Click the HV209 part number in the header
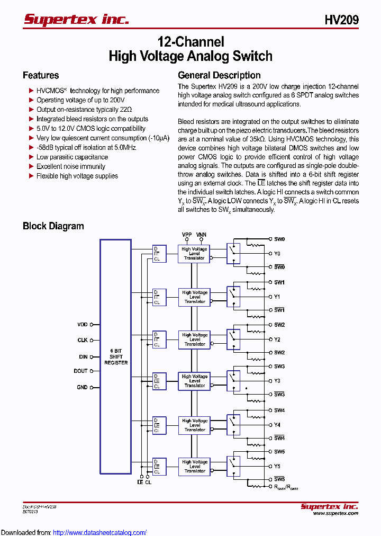[x=341, y=20]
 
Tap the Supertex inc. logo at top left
[x=76, y=20]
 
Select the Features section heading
[x=41, y=75]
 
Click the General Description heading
[x=219, y=75]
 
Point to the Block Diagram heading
[x=53, y=226]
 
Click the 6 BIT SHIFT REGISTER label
[x=115, y=356]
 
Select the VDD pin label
[x=82, y=324]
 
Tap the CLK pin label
[x=83, y=340]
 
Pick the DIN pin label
[x=83, y=356]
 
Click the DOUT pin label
[x=81, y=371]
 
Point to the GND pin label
[x=82, y=387]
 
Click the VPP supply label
[x=187, y=234]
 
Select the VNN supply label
[x=201, y=234]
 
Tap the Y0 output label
[x=277, y=254]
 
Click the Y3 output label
[x=277, y=381]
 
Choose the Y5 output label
[x=277, y=466]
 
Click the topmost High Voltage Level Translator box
[x=194, y=254]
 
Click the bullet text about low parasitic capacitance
[x=72, y=157]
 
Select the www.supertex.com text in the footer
[x=335, y=513]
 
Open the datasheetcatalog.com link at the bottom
[x=100, y=532]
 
